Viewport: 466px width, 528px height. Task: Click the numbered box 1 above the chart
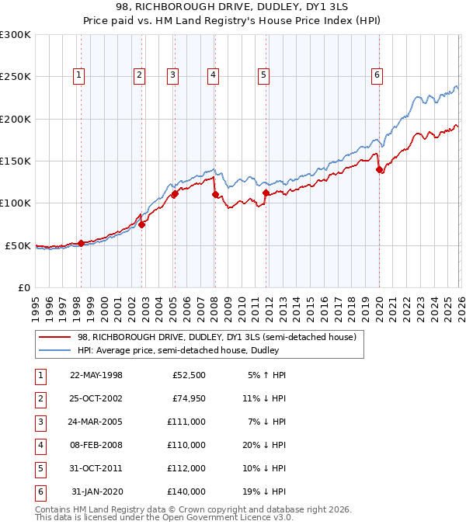click(x=80, y=75)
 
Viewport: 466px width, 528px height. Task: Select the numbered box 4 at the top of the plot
click(x=212, y=75)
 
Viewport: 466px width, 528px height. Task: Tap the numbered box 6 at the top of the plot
click(x=377, y=75)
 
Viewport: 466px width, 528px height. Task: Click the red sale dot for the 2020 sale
click(x=379, y=169)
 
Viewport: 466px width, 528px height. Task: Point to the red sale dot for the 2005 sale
click(x=175, y=194)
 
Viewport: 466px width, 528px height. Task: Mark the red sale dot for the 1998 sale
click(x=81, y=243)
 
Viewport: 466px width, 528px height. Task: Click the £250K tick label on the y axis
click(x=15, y=77)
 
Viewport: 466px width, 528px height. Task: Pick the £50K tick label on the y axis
click(x=18, y=245)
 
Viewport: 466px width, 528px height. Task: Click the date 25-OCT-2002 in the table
click(x=96, y=398)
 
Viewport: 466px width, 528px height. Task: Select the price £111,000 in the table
click(x=186, y=422)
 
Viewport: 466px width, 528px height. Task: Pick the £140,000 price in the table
click(x=186, y=492)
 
